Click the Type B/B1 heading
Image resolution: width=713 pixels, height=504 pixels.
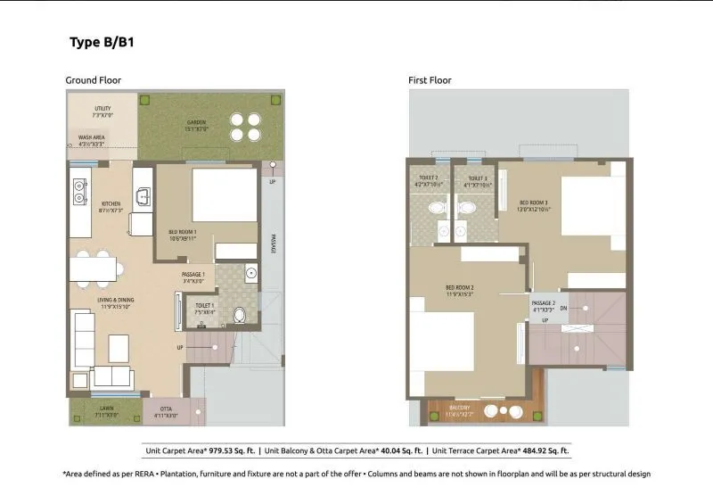(x=102, y=42)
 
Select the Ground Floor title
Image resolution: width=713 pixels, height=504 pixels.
(x=93, y=80)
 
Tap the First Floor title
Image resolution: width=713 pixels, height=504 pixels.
(x=430, y=80)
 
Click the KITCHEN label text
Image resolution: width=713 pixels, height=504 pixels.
(x=111, y=203)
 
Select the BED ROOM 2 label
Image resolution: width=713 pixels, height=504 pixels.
(x=459, y=288)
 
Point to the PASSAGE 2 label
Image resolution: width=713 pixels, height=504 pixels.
(x=544, y=304)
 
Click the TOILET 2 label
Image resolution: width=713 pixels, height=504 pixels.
(x=429, y=178)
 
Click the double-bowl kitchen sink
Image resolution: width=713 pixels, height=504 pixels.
(x=79, y=189)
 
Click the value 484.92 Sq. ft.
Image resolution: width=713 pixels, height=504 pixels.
(x=537, y=451)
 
